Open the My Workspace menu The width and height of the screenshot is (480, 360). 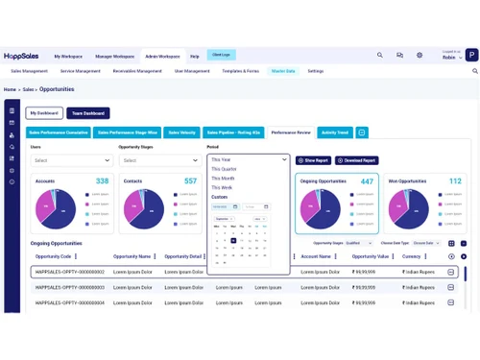pyautogui.click(x=69, y=57)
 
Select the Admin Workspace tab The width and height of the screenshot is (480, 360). pyautogui.click(x=162, y=57)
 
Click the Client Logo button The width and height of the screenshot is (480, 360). pyautogui.click(x=221, y=55)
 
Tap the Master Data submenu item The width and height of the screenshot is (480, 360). pyautogui.click(x=283, y=71)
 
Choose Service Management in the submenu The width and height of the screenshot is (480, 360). pyautogui.click(x=80, y=71)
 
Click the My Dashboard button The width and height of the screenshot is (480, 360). pyautogui.click(x=44, y=113)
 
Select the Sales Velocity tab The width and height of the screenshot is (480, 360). pyautogui.click(x=181, y=132)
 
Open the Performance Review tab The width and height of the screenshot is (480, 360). pyautogui.click(x=291, y=132)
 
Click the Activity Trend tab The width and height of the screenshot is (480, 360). pyautogui.click(x=335, y=132)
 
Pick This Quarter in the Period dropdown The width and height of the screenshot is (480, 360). pyautogui.click(x=225, y=169)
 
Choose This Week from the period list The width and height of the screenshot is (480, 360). pyautogui.click(x=222, y=187)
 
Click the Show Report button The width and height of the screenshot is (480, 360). pyautogui.click(x=313, y=160)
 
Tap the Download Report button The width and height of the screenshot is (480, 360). pyautogui.click(x=356, y=160)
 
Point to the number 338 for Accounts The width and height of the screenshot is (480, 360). pyautogui.click(x=102, y=181)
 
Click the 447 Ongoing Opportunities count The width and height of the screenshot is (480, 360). pyautogui.click(x=367, y=181)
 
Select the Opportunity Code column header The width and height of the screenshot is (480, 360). pyautogui.click(x=54, y=256)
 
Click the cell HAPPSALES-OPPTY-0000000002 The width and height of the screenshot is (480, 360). pyautogui.click(x=69, y=273)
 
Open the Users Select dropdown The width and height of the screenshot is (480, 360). pyautogui.click(x=71, y=160)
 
